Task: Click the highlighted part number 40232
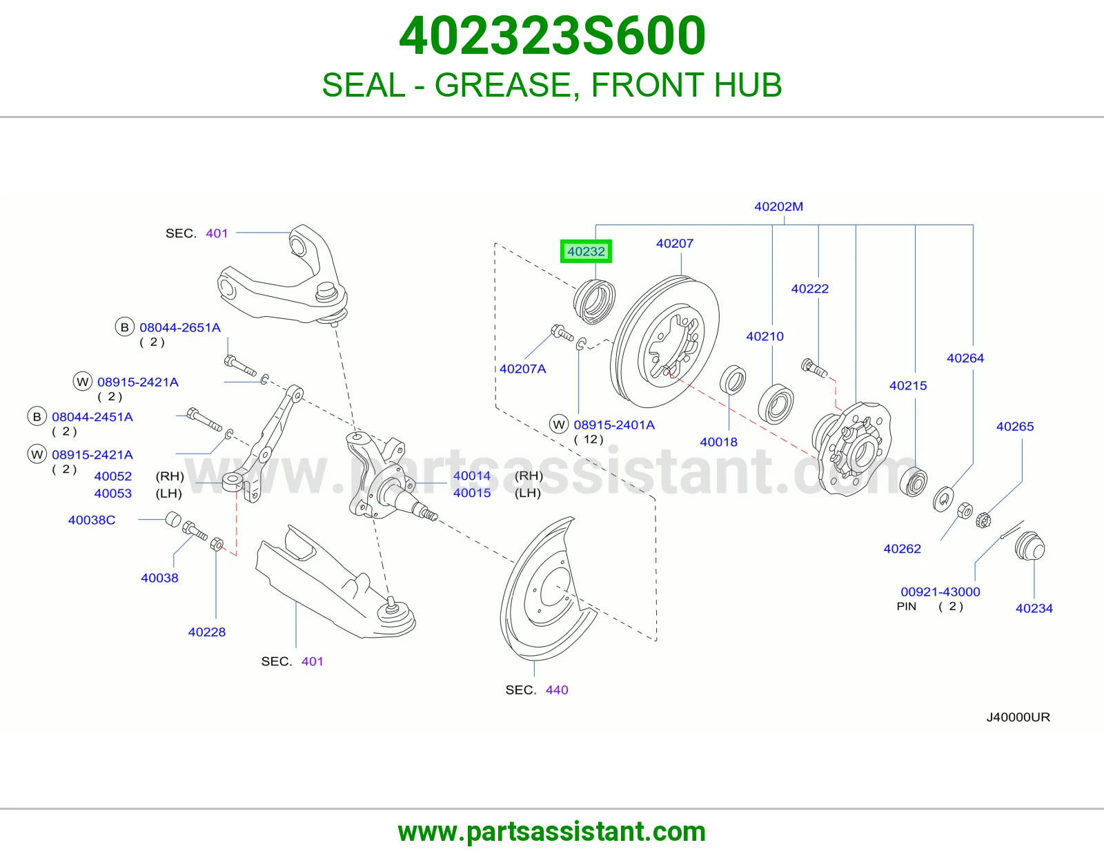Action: point(586,251)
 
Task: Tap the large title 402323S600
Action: point(552,36)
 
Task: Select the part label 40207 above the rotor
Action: point(674,244)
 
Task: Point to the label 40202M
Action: point(778,206)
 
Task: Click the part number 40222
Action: point(810,289)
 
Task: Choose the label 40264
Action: point(965,358)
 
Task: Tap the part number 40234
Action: point(1034,608)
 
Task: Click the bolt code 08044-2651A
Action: point(180,327)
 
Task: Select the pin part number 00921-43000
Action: point(940,592)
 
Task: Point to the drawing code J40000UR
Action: point(1018,717)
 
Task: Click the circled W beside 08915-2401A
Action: point(559,425)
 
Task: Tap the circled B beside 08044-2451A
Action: point(37,417)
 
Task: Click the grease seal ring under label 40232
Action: point(594,302)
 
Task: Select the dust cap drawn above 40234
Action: point(1029,546)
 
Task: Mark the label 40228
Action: point(207,632)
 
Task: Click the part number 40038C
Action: point(92,520)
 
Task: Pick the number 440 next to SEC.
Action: point(557,690)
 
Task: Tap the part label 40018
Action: point(718,442)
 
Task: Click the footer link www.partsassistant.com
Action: point(552,832)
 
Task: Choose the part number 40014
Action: point(472,476)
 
